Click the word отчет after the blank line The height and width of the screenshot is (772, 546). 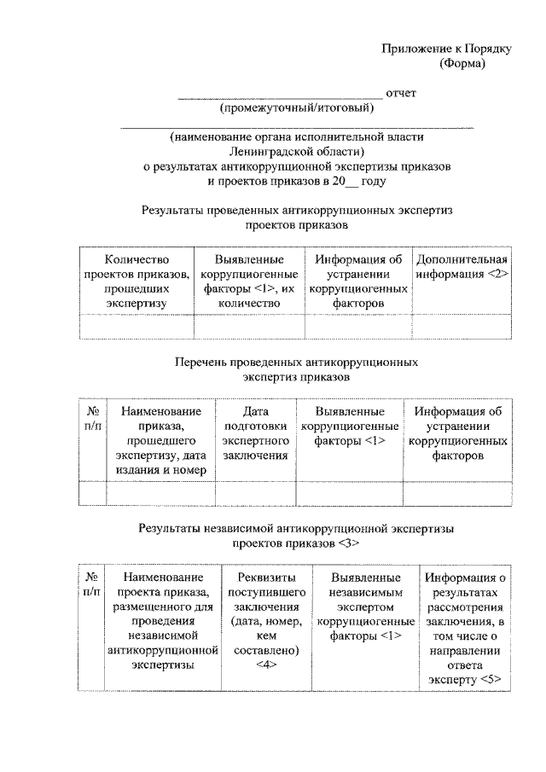coord(401,93)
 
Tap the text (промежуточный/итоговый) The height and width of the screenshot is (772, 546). coord(296,108)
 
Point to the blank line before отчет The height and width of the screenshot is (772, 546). coord(279,96)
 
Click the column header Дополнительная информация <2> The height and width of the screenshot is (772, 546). coord(462,266)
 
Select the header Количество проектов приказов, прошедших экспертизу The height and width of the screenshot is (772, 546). coord(136,280)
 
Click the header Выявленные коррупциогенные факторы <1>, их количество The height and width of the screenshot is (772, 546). coord(249,280)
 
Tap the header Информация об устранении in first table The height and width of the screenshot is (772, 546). coord(357,280)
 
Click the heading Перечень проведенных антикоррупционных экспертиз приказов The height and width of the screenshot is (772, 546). coord(296,369)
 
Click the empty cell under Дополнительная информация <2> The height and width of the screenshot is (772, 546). coord(462,326)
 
